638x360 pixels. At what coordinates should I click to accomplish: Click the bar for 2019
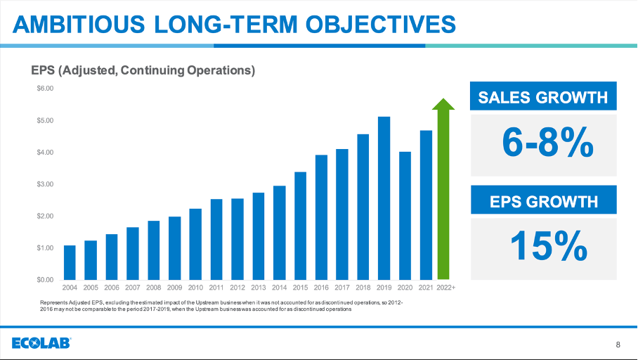pyautogui.click(x=384, y=198)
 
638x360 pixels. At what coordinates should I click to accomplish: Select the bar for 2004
pyautogui.click(x=70, y=262)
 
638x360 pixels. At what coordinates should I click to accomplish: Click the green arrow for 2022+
pyautogui.click(x=443, y=193)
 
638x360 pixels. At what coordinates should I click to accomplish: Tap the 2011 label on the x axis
pyautogui.click(x=216, y=288)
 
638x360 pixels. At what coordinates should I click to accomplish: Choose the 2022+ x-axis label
pyautogui.click(x=445, y=288)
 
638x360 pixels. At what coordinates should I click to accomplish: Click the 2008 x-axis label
pyautogui.click(x=153, y=288)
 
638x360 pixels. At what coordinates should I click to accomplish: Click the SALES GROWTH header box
pyautogui.click(x=542, y=97)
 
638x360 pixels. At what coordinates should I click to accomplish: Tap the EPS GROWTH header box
pyautogui.click(x=542, y=202)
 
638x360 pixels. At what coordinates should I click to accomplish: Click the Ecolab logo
pyautogui.click(x=41, y=343)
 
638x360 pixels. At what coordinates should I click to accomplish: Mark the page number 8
pyautogui.click(x=618, y=345)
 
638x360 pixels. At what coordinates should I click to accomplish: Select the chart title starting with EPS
pyautogui.click(x=143, y=70)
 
